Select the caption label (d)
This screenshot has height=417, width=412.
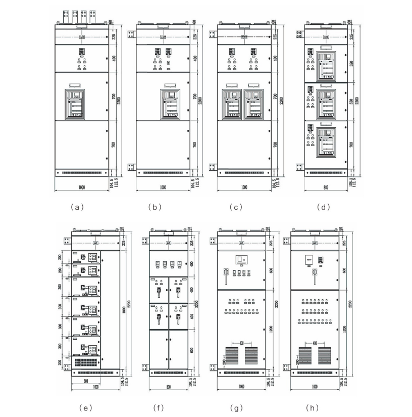(324, 207)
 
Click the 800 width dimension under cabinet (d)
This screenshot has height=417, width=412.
(323, 187)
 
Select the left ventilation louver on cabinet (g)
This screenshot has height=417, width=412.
(233, 356)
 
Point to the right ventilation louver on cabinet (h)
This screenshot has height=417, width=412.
(325, 356)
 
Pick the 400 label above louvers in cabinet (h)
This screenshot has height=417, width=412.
(315, 343)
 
